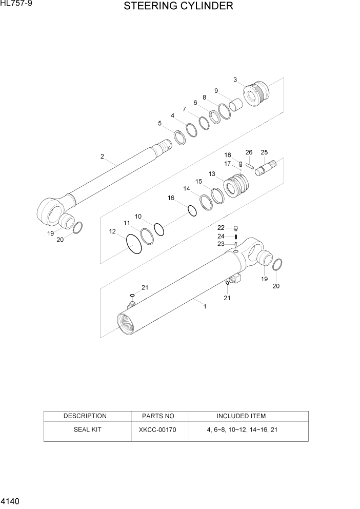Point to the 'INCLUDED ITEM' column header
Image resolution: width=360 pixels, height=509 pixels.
pyautogui.click(x=241, y=416)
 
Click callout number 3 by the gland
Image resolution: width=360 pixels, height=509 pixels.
pyautogui.click(x=235, y=80)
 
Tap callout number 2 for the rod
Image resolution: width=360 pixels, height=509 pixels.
pyautogui.click(x=102, y=156)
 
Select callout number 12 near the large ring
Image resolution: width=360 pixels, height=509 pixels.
pyautogui.click(x=112, y=231)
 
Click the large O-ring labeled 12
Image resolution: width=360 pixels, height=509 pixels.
pyautogui.click(x=133, y=244)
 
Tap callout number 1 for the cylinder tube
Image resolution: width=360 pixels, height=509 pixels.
pyautogui.click(x=205, y=306)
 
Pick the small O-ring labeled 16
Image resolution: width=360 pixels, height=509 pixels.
pyautogui.click(x=192, y=211)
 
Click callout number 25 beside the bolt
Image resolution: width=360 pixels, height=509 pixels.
pyautogui.click(x=264, y=152)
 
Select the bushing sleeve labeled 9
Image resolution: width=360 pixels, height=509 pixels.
pyautogui.click(x=236, y=106)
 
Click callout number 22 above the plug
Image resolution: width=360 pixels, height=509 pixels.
pyautogui.click(x=221, y=227)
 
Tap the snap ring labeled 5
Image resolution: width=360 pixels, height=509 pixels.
pyautogui.click(x=179, y=138)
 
